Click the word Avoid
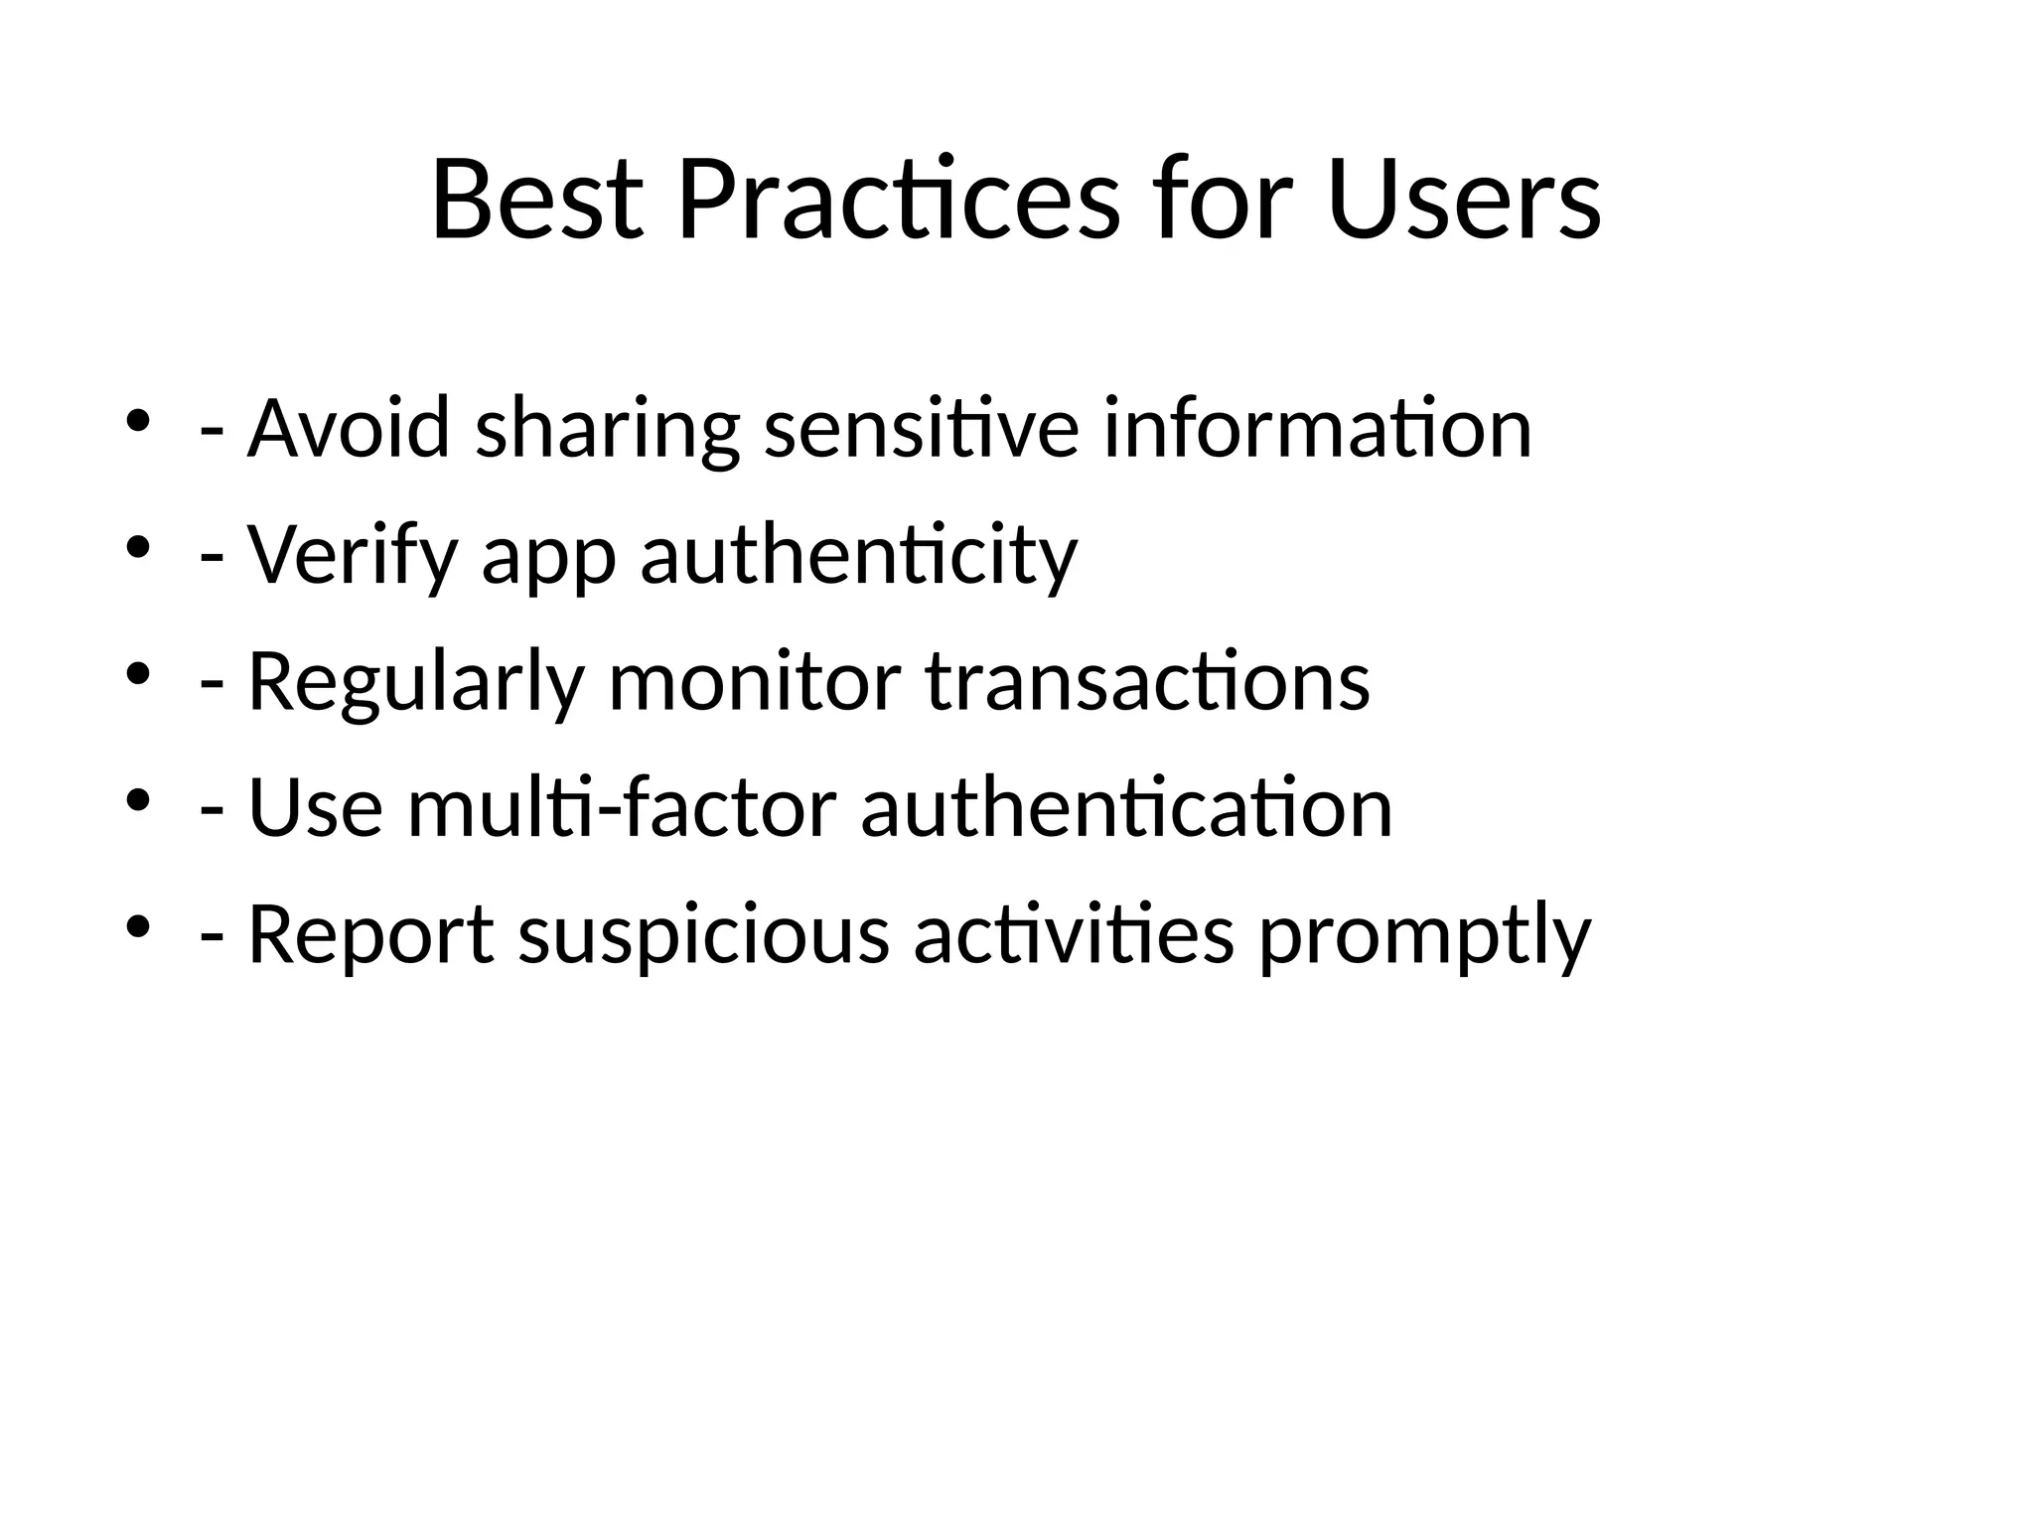(x=349, y=428)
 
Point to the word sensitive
(x=921, y=428)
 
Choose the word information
(x=1318, y=428)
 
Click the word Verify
(x=353, y=554)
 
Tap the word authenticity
(x=859, y=554)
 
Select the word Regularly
(x=415, y=682)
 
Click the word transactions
(x=1148, y=682)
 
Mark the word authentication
(x=1127, y=808)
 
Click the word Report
(x=370, y=934)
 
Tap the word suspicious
(x=704, y=934)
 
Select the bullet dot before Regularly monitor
(x=138, y=673)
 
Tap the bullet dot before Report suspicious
(x=138, y=925)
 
